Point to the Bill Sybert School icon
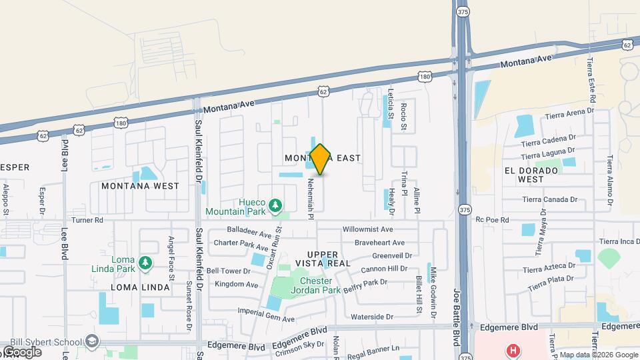pyautogui.click(x=92, y=341)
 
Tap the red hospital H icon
pyautogui.click(x=513, y=350)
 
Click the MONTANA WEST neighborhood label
pyautogui.click(x=140, y=186)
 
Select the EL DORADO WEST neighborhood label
pyautogui.click(x=531, y=175)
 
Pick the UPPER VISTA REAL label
pyautogui.click(x=329, y=259)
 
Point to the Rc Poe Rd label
pyautogui.click(x=492, y=219)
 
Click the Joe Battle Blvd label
pyautogui.click(x=457, y=313)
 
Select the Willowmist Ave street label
pyautogui.click(x=368, y=229)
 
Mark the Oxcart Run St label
pyautogui.click(x=275, y=247)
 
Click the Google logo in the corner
pyautogui.click(x=21, y=352)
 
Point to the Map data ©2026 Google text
pyautogui.click(x=599, y=355)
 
